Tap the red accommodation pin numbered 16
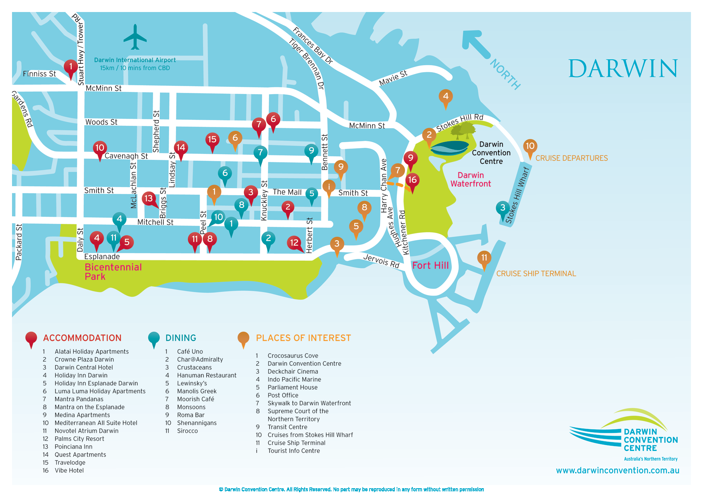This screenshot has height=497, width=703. click(412, 181)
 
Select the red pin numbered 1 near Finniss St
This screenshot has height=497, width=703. click(71, 67)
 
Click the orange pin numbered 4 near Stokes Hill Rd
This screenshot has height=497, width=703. click(446, 97)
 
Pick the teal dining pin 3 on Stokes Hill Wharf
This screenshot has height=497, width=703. click(503, 208)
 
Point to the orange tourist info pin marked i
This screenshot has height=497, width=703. click(329, 187)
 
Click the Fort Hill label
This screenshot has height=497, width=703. click(430, 266)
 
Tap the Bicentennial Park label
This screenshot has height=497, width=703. click(113, 272)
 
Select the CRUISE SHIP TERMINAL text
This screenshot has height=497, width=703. click(536, 274)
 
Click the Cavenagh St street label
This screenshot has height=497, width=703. click(126, 156)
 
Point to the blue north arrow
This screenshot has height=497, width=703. click(476, 44)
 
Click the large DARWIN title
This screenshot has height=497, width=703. click(623, 69)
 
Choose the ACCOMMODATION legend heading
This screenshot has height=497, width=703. click(82, 338)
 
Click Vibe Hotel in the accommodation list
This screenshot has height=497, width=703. click(69, 471)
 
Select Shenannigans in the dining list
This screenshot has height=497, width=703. click(196, 423)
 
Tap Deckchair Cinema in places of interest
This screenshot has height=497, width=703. click(293, 372)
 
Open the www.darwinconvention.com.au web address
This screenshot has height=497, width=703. click(617, 471)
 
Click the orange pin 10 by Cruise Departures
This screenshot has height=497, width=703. click(530, 147)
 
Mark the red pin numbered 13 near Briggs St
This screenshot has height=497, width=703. click(149, 199)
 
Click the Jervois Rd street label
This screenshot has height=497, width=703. click(381, 261)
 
